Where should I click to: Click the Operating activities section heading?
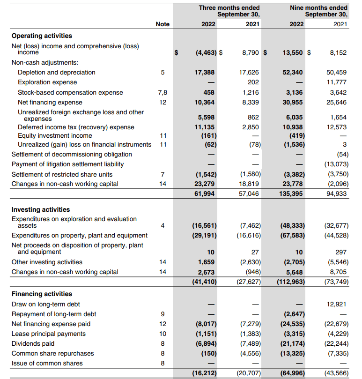pyautogui.click(x=42, y=36)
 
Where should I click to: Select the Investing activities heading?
pyautogui.click(x=41, y=209)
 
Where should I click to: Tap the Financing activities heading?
pyautogui.click(x=42, y=294)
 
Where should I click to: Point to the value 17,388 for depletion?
pyautogui.click(x=205, y=72)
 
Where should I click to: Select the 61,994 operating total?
pyautogui.click(x=205, y=193)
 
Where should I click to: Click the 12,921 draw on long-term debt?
pyautogui.click(x=337, y=304)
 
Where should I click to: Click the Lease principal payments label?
pyautogui.click(x=49, y=334)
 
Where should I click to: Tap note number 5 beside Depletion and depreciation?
pyautogui.click(x=163, y=72)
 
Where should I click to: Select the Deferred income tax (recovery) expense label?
pyautogui.click(x=76, y=127)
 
